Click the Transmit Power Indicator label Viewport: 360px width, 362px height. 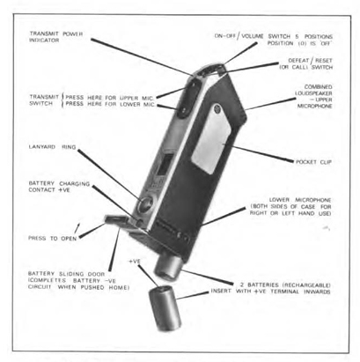tap(56, 37)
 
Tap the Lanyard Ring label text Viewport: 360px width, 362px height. tap(52, 147)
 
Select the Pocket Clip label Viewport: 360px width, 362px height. tap(313, 162)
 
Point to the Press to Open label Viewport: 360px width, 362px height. tap(53, 238)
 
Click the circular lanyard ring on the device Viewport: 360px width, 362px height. tap(146, 203)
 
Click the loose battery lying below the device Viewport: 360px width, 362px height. tap(164, 309)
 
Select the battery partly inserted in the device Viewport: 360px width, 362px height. tap(168, 267)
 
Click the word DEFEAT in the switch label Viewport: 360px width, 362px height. tap(298, 61)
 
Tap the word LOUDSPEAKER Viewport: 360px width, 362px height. tap(313, 93)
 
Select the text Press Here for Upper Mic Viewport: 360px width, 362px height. tap(110, 98)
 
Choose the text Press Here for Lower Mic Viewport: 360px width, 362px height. tap(110, 104)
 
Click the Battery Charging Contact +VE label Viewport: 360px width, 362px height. tap(59, 187)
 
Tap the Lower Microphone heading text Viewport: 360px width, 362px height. tap(300, 200)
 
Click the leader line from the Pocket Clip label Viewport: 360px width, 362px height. tap(262, 154)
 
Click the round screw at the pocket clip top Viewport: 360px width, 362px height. tap(217, 108)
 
